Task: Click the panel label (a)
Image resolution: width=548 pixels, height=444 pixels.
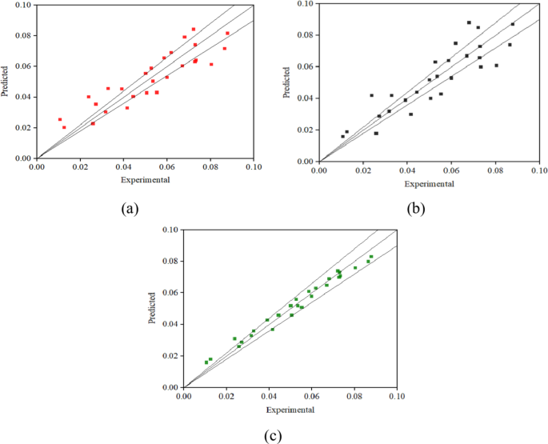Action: coord(128,209)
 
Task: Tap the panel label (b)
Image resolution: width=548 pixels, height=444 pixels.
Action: coord(416,210)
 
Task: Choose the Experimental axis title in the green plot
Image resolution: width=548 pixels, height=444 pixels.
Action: coord(290,410)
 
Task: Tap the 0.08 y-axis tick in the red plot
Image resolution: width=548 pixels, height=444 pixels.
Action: coord(23,35)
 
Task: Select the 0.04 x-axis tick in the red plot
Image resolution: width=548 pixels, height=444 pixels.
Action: coord(123,168)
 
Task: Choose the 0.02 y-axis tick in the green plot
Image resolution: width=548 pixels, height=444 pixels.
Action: coord(170,356)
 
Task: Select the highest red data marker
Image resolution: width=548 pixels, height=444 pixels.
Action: coord(194,30)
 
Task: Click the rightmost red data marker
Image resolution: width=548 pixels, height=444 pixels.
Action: coord(227,33)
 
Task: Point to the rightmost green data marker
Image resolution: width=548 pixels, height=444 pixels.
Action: coord(371,257)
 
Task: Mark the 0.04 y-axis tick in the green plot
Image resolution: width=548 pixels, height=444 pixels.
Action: coord(170,324)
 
